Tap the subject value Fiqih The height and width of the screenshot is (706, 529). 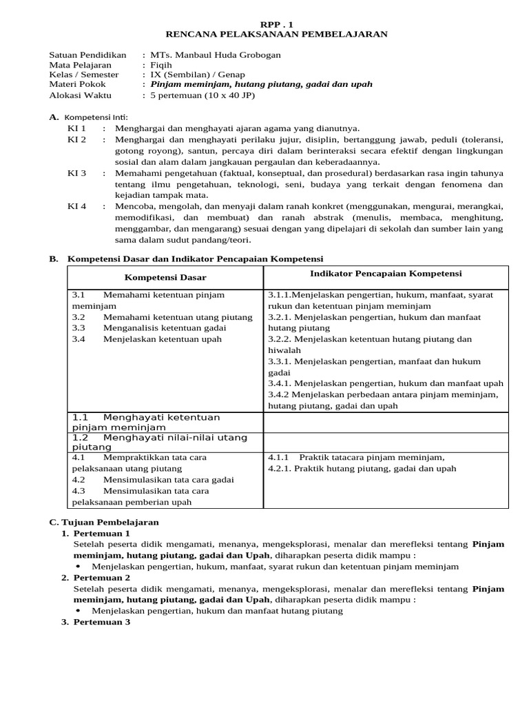coord(163,65)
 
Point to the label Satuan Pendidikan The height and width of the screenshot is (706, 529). coord(87,55)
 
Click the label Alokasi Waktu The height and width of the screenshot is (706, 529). coord(81,95)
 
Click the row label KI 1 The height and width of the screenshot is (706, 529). coord(76,128)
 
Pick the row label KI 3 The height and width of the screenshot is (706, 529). coord(76,174)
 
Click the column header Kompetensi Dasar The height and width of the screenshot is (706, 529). coord(165,277)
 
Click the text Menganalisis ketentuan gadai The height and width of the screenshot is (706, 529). coord(164,328)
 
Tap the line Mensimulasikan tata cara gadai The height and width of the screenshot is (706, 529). coord(168,480)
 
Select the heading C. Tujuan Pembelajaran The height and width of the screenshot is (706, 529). coord(104,522)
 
